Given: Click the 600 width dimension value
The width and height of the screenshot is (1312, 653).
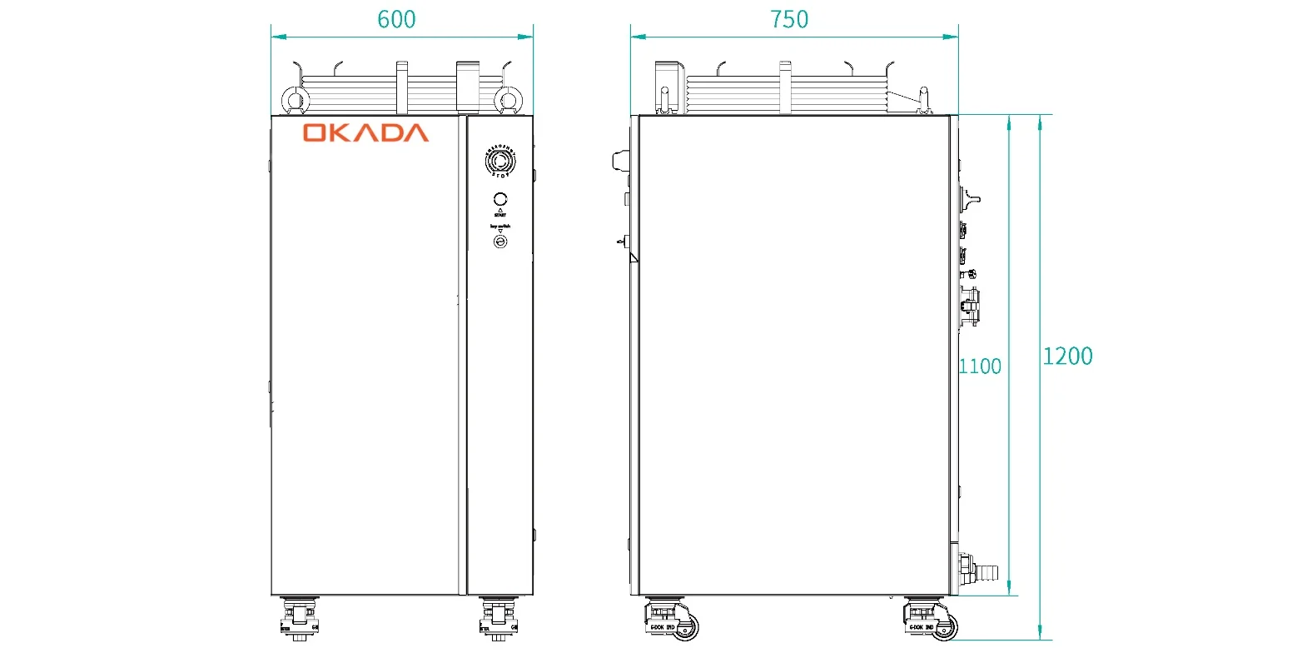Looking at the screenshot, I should point(396,19).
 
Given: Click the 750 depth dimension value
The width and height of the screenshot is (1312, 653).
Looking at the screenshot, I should point(789,19).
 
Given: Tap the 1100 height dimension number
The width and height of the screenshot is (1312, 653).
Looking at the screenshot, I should point(980,366).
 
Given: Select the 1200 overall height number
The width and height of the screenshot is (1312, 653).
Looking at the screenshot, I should point(1067,356).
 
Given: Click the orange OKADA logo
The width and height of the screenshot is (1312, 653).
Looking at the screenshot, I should point(365,133).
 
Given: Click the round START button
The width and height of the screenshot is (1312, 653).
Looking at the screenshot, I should point(500,200).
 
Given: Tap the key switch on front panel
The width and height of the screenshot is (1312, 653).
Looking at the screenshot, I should point(500,242).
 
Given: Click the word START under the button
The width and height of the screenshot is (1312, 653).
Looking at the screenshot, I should point(500,215).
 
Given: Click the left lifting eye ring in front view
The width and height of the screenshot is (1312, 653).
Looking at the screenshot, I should point(294,101).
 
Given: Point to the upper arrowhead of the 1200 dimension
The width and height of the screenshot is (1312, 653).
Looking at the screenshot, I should point(1040,122).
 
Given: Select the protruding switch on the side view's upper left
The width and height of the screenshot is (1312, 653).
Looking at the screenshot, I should point(621,161).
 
